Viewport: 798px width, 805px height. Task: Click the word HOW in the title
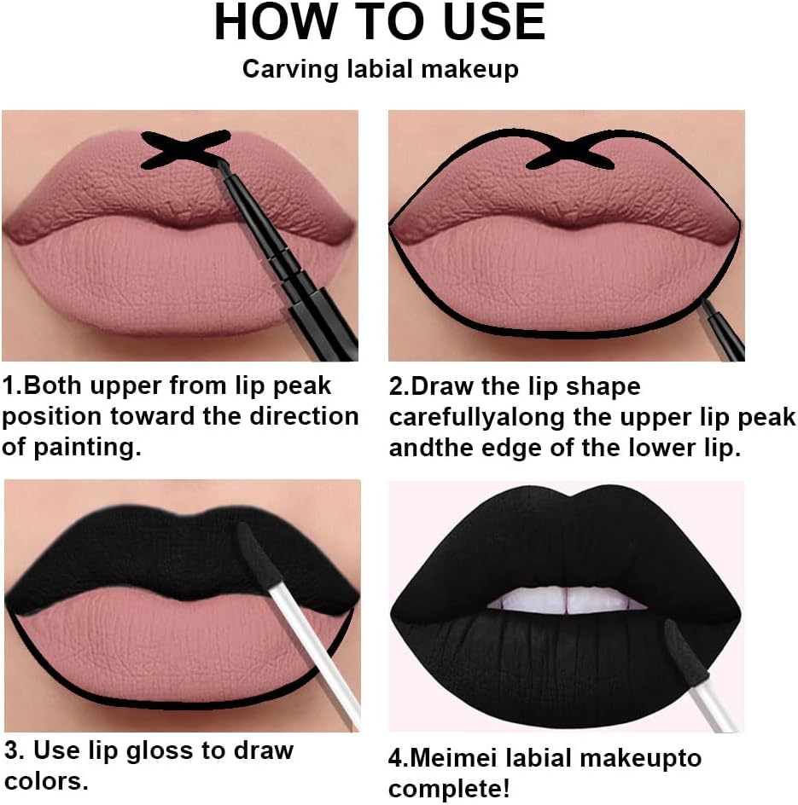tap(276, 22)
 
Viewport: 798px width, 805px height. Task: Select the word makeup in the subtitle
tap(469, 69)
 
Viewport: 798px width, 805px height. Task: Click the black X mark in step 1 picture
tap(185, 149)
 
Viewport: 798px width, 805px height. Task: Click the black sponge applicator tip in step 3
tap(255, 553)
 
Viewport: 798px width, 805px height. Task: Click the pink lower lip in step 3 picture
tap(175, 648)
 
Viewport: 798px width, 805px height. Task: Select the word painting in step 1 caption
tap(87, 447)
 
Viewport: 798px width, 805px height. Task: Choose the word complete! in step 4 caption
tap(450, 789)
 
